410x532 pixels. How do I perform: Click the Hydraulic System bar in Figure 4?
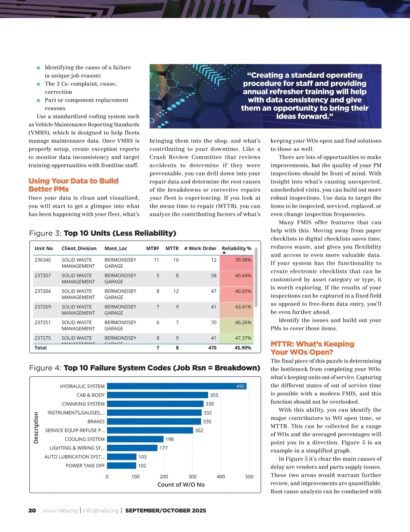pyautogui.click(x=176, y=386)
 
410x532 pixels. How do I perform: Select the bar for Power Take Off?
pyautogui.click(x=122, y=465)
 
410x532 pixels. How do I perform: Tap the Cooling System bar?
pyautogui.click(x=135, y=439)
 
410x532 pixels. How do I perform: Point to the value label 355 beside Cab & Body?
pyautogui.click(x=214, y=395)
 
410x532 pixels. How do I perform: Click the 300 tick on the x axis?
pyautogui.click(x=192, y=477)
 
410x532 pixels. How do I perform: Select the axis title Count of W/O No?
pyautogui.click(x=181, y=485)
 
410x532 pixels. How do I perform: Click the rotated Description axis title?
pyautogui.click(x=36, y=428)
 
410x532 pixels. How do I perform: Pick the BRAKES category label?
pyautogui.click(x=96, y=422)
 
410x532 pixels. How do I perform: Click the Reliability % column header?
pyautogui.click(x=236, y=248)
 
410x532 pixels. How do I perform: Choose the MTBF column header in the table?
pyautogui.click(x=152, y=248)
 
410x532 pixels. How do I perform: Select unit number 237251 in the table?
pyautogui.click(x=43, y=322)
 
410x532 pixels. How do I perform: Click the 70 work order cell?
pyautogui.click(x=214, y=322)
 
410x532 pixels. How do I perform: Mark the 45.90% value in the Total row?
pyautogui.click(x=243, y=348)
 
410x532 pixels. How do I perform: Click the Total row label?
pyautogui.click(x=40, y=348)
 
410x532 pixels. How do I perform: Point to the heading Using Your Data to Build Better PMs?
pyautogui.click(x=73, y=185)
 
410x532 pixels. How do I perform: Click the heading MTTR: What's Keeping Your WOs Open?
pyautogui.click(x=312, y=348)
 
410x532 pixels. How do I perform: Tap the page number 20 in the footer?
pyautogui.click(x=32, y=510)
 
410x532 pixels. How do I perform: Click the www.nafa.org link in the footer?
pyautogui.click(x=60, y=510)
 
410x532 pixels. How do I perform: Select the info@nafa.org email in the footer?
pyautogui.click(x=100, y=510)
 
